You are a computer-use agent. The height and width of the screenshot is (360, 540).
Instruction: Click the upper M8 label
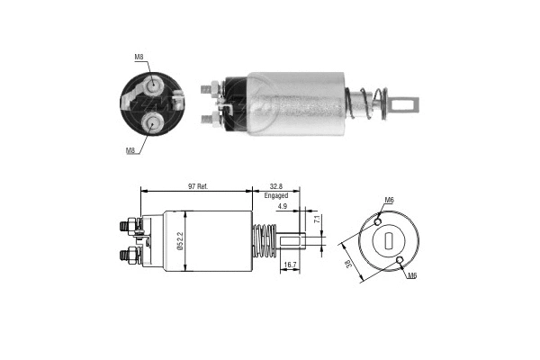[x=139, y=58]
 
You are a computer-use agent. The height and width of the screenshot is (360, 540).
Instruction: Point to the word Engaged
[x=276, y=195]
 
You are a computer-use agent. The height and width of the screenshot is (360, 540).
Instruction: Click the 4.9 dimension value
[x=282, y=207]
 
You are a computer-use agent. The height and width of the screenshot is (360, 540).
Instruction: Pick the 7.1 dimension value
[x=317, y=220]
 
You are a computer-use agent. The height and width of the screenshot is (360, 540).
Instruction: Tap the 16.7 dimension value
[x=290, y=265]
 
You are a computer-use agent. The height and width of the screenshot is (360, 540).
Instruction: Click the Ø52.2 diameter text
[x=180, y=241]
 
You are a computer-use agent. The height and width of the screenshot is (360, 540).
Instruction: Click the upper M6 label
[x=389, y=199]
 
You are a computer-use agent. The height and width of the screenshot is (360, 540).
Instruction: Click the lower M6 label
[x=410, y=274]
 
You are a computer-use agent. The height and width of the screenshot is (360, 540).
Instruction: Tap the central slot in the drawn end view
[x=387, y=240]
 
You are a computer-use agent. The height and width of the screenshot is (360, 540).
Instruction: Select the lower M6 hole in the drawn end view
[x=400, y=261]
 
